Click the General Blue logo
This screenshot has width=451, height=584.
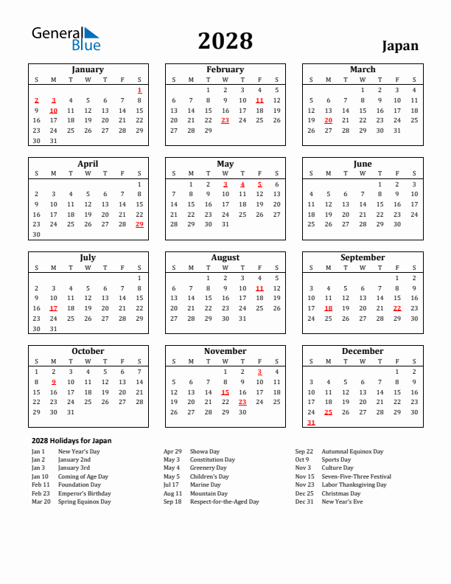click(66, 39)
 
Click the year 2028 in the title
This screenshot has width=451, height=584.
click(225, 41)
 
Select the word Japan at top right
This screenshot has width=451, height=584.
click(400, 46)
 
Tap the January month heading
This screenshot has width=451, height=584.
click(88, 69)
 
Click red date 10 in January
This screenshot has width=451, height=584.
click(53, 111)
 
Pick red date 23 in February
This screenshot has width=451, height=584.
click(225, 120)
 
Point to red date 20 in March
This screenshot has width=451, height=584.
click(328, 120)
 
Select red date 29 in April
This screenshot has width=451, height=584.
click(139, 224)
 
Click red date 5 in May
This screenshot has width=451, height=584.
click(259, 184)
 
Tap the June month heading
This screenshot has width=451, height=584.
click(363, 164)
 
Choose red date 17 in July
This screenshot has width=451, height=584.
click(53, 308)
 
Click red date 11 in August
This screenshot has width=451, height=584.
click(259, 288)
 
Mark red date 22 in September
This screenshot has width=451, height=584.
click(397, 308)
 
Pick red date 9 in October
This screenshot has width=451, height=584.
click(53, 382)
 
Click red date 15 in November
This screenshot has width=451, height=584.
click(225, 392)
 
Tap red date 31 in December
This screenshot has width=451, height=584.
click(311, 423)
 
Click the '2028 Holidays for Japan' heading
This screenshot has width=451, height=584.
click(71, 440)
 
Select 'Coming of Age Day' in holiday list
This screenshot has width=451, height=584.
click(83, 476)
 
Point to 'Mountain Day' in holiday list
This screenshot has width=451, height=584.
click(209, 493)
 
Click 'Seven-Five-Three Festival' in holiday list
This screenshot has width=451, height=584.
click(356, 476)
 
